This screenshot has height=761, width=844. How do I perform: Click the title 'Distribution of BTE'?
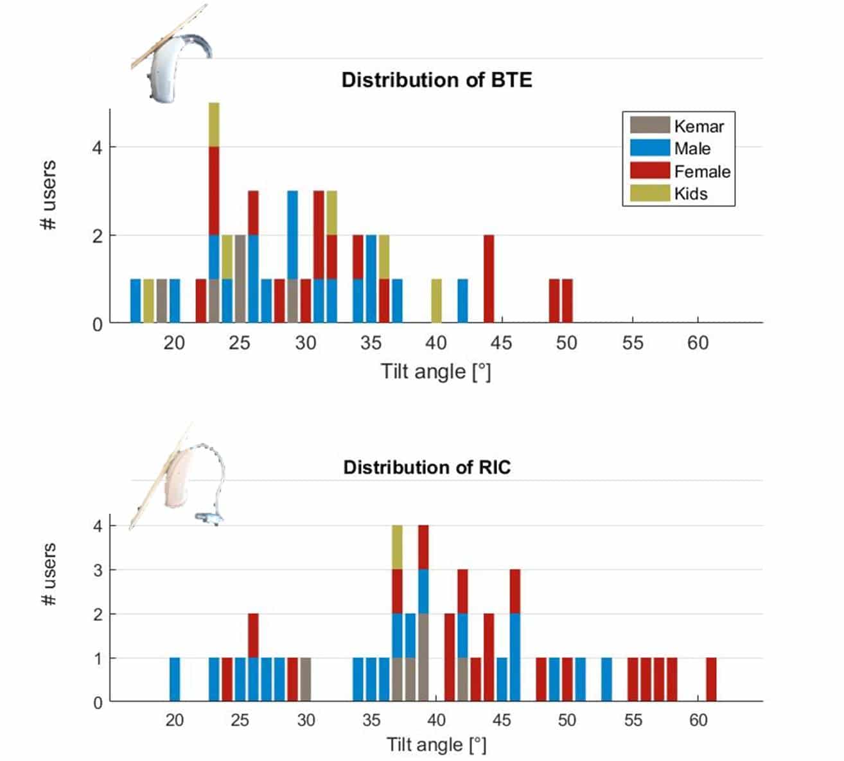click(437, 80)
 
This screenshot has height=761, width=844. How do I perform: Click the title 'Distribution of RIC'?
click(427, 467)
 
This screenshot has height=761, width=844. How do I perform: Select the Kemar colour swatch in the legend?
click(649, 126)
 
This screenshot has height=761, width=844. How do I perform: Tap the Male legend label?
click(692, 149)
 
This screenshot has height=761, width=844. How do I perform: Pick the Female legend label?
click(701, 171)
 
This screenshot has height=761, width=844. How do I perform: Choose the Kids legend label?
click(690, 194)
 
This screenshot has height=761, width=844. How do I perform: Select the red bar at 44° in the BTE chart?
click(489, 279)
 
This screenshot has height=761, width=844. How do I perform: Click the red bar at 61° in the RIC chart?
click(711, 679)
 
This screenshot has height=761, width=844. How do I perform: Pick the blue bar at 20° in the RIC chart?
click(175, 679)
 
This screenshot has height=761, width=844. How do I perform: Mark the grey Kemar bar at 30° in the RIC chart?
click(306, 679)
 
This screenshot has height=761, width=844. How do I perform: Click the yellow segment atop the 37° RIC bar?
click(397, 547)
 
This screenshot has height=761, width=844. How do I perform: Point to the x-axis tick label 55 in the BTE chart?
click(632, 343)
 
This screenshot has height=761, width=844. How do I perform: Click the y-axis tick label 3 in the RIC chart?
click(98, 570)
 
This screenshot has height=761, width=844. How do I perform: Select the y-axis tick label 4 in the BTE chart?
click(97, 148)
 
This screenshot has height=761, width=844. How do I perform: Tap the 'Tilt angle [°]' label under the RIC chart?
click(436, 745)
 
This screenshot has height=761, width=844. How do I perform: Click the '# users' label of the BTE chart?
click(49, 195)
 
